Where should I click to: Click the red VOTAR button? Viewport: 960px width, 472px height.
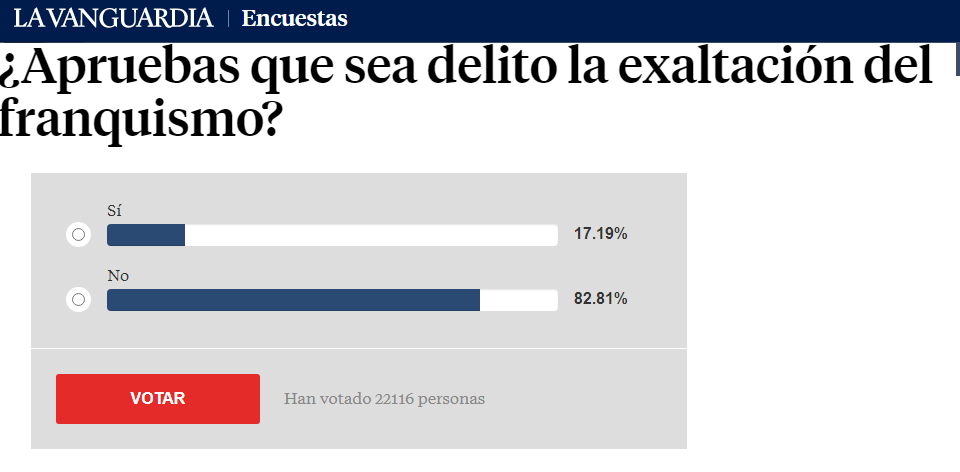pos(158,398)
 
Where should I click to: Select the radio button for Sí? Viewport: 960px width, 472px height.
pos(78,235)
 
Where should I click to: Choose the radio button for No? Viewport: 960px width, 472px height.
pos(78,299)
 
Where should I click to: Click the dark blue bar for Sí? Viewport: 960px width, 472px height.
pos(146,235)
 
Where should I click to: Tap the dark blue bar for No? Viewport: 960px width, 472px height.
pos(293,299)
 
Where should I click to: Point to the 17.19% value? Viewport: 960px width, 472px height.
pos(600,234)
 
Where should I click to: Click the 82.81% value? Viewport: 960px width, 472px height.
pos(600,298)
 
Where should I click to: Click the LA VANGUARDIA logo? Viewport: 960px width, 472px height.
pos(113,18)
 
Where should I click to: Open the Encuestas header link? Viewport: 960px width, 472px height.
pos(295,18)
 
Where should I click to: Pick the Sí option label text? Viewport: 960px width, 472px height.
pos(113,211)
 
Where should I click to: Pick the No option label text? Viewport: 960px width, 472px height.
pos(118,275)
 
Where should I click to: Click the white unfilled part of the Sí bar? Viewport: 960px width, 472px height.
pos(370,235)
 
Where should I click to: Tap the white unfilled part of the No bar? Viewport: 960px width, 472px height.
pos(518,299)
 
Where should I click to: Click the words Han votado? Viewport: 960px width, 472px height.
pos(327,399)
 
